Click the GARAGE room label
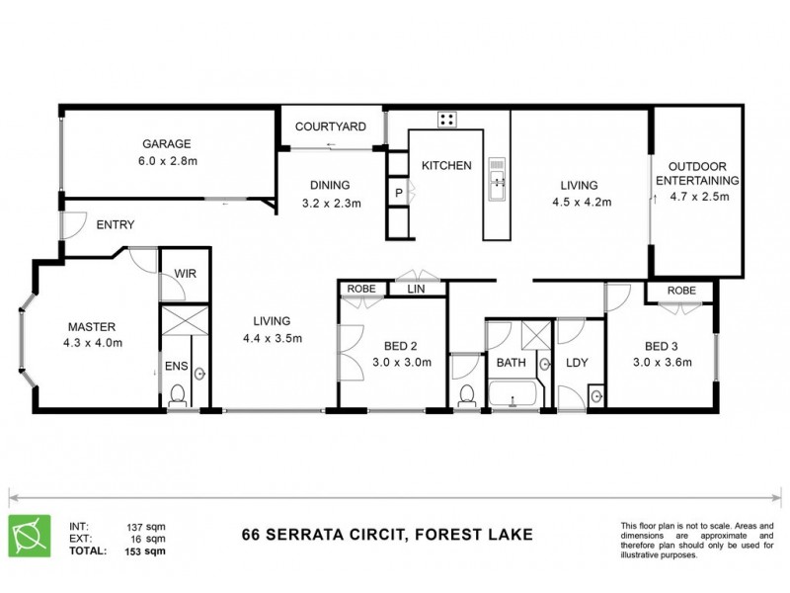[x=165, y=142]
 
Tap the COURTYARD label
[x=331, y=127]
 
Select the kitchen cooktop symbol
[x=446, y=120]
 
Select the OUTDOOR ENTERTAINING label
[x=698, y=173]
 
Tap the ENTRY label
[x=116, y=225]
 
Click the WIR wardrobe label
[x=185, y=274]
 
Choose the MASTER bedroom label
[x=93, y=327]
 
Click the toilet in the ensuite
[x=178, y=394]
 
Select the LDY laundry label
[x=577, y=363]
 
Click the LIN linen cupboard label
[x=415, y=289]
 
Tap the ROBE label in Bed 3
[x=680, y=291]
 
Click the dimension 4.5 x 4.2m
[x=583, y=203]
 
